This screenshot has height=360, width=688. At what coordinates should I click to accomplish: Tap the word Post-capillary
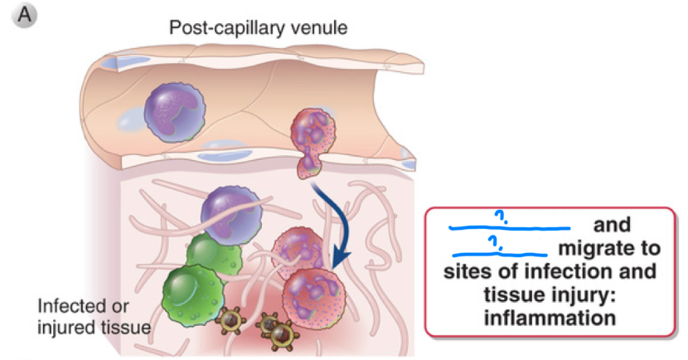tap(220, 28)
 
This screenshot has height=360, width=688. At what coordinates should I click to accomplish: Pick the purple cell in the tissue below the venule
tap(230, 212)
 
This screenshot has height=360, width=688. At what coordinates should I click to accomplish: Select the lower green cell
tap(192, 291)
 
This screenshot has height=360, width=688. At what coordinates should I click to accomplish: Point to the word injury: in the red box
tap(591, 294)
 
